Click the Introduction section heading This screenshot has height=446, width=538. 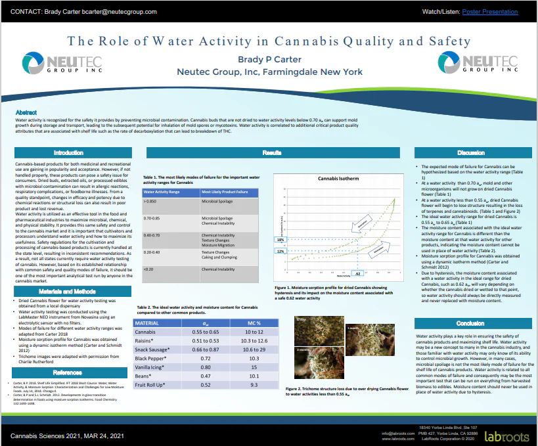[x=68, y=152]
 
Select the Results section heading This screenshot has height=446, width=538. [x=272, y=152]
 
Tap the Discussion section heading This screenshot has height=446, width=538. [x=471, y=152]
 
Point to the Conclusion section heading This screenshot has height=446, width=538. [x=470, y=324]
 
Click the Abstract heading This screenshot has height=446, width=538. [x=26, y=113]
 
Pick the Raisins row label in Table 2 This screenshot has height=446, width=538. [x=146, y=342]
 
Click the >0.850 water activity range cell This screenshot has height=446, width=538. [x=150, y=201]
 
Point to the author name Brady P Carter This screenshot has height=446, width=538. [x=269, y=59]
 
